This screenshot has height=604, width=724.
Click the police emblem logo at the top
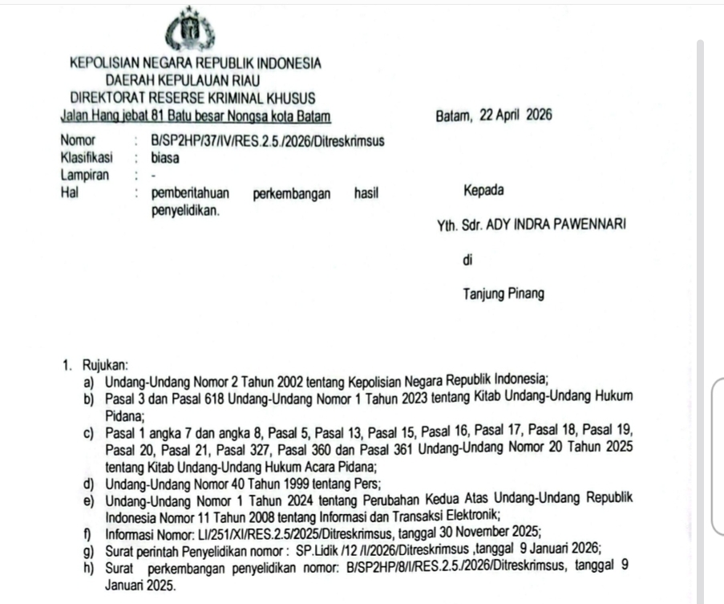(190, 31)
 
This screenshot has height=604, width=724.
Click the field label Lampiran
(83, 175)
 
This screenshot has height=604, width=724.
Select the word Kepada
(483, 192)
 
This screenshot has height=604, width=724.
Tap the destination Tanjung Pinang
(503, 294)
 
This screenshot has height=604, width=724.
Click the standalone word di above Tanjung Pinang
(468, 260)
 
